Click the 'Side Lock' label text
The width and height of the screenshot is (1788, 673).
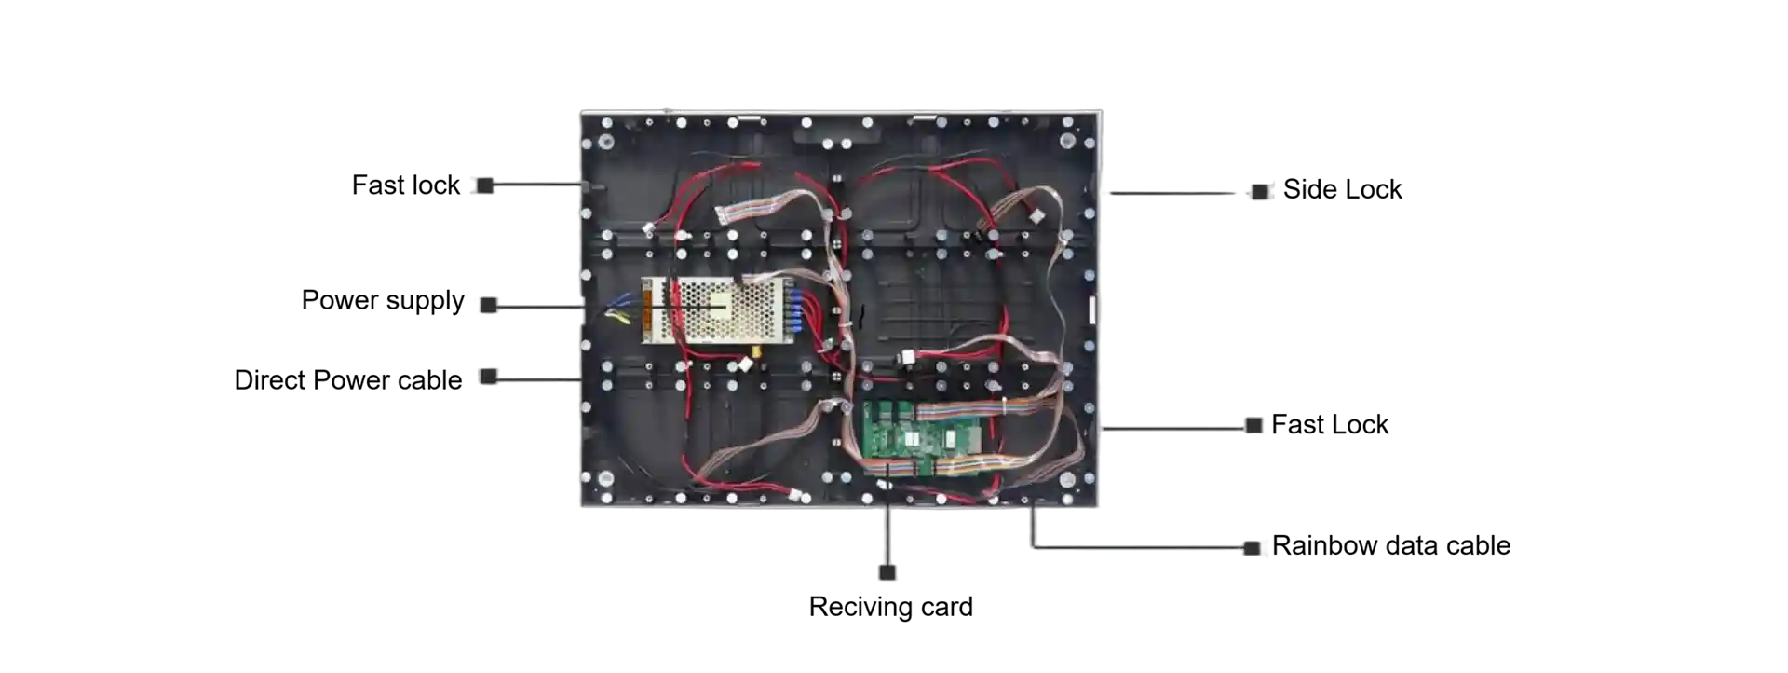coord(1342,189)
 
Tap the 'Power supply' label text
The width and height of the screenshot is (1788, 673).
coord(383,301)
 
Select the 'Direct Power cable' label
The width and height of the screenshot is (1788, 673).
coord(348,380)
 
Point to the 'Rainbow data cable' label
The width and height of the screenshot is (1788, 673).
coord(1391,545)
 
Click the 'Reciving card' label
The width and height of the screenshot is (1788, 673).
coord(891,607)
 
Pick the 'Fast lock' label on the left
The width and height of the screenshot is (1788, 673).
coord(406,185)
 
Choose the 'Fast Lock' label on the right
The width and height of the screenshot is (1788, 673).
coord(1330,425)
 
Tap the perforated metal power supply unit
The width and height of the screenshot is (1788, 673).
coord(717,309)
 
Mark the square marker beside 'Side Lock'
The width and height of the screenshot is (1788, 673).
coord(1260,191)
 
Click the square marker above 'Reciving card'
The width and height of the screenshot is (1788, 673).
coord(887,572)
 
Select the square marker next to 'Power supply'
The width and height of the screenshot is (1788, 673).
coord(489,305)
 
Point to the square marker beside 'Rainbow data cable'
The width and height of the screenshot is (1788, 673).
coord(1253,547)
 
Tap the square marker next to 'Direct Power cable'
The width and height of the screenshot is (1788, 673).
coord(489,377)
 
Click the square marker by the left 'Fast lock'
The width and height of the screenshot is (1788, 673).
coord(485,185)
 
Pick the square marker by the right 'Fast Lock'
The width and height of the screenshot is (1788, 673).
coord(1253,426)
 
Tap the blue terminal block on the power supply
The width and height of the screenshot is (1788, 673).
coord(796,309)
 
